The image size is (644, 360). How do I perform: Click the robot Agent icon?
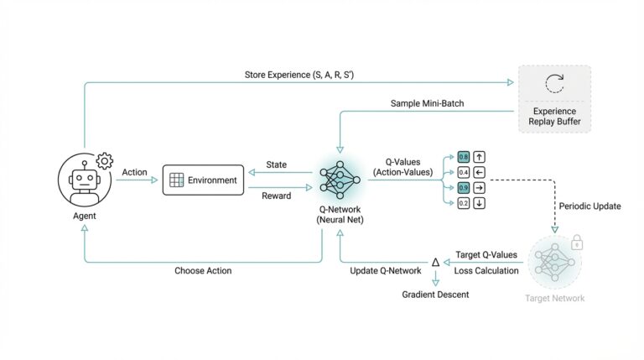tap(83, 180)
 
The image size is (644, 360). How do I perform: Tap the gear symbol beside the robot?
tap(105, 160)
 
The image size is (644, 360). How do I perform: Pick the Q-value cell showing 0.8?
tap(463, 156)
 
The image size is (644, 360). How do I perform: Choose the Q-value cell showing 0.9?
tap(463, 187)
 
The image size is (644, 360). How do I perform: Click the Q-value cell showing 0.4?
tap(463, 172)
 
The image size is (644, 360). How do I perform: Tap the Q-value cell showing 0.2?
tap(463, 203)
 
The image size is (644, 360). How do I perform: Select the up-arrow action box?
tap(479, 156)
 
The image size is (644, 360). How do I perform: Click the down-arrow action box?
tap(479, 203)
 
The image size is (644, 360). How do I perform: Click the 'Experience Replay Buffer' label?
tap(554, 117)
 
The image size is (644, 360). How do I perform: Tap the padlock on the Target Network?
tap(577, 242)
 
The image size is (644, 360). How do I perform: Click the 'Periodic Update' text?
tap(589, 206)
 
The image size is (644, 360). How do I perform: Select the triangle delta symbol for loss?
tap(434, 263)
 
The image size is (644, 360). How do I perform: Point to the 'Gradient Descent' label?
tap(435, 295)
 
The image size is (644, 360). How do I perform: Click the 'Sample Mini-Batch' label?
tap(428, 103)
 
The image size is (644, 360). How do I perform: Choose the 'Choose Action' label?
tap(203, 271)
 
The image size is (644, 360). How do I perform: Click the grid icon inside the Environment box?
tap(176, 180)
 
